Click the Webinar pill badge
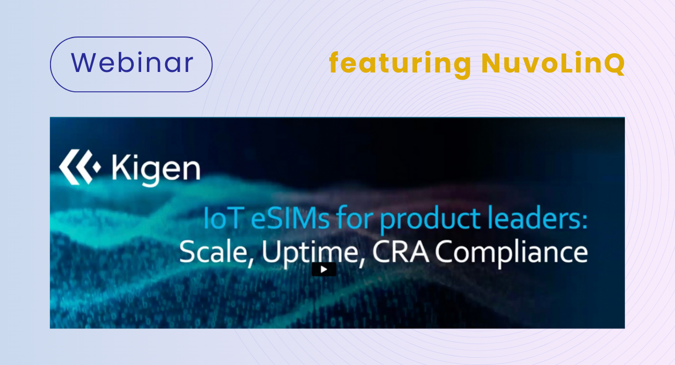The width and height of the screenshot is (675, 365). [131, 64]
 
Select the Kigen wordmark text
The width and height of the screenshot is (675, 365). [155, 168]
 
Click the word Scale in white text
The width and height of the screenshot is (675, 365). [213, 252]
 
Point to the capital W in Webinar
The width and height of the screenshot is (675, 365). [83, 63]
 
